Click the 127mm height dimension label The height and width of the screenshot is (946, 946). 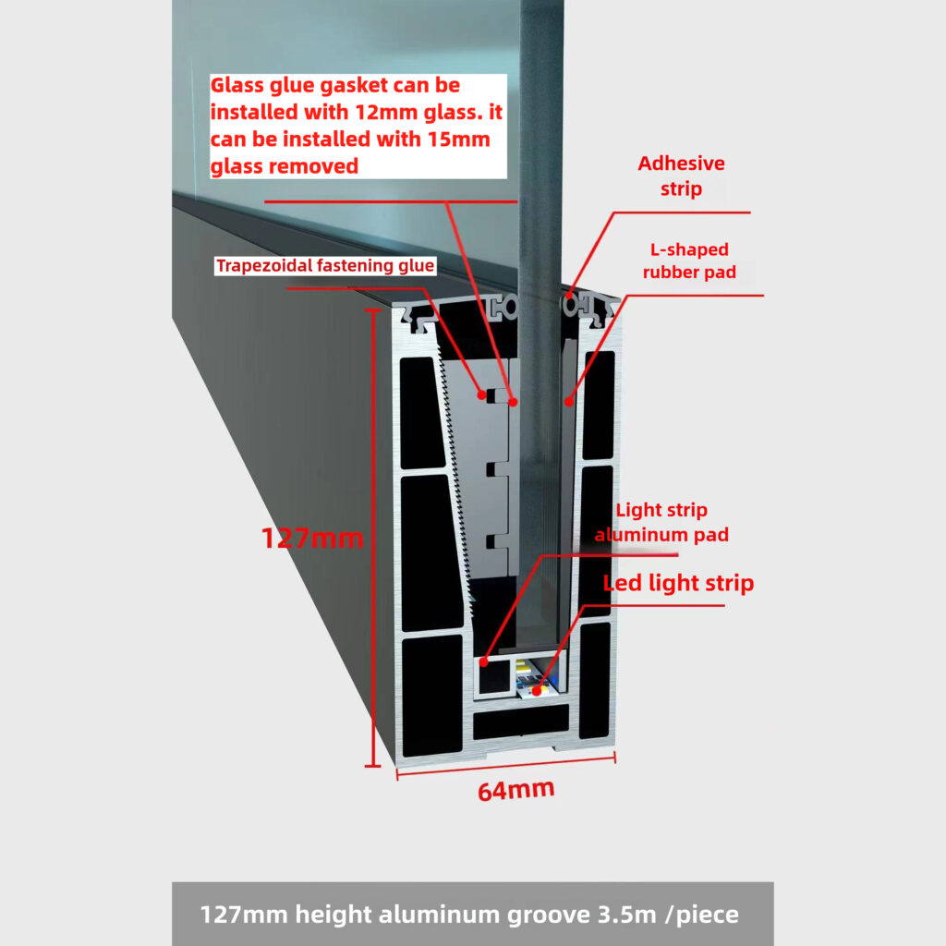click(x=312, y=538)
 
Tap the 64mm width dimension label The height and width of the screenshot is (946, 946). click(x=515, y=791)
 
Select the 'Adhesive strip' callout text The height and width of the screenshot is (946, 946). click(x=681, y=176)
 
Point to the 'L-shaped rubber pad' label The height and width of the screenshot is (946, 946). click(x=689, y=261)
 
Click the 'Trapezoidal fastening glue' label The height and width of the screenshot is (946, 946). click(x=325, y=265)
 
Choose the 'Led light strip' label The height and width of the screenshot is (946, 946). click(x=678, y=583)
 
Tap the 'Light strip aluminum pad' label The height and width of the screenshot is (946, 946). click(x=661, y=523)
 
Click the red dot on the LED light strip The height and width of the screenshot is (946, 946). click(x=537, y=690)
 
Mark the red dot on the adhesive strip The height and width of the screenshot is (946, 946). click(x=569, y=296)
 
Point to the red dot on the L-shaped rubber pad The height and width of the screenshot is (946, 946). click(x=568, y=401)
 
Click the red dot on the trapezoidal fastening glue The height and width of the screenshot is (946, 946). click(x=481, y=395)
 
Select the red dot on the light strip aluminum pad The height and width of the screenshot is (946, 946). click(x=483, y=662)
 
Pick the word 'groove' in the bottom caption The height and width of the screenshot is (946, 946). click(x=548, y=916)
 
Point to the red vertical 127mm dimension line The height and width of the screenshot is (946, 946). click(x=373, y=539)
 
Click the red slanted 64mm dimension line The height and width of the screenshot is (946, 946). click(x=506, y=766)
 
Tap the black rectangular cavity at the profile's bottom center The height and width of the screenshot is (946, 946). click(x=521, y=722)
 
